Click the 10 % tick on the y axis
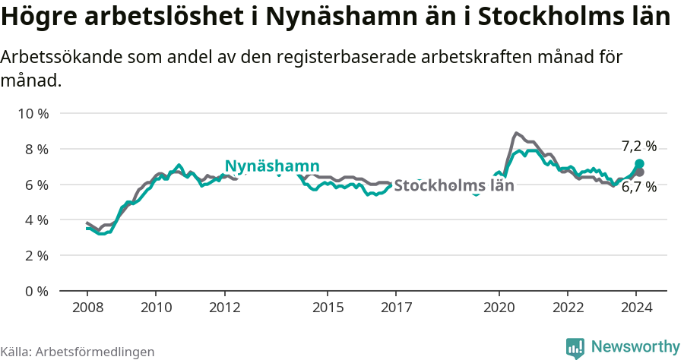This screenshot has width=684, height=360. click(33, 114)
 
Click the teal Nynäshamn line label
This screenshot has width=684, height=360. click(272, 166)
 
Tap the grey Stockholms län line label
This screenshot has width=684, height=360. click(454, 185)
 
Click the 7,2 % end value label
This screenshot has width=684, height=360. click(638, 147)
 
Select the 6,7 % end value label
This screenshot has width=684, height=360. click(638, 187)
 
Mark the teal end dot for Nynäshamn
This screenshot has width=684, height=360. click(640, 164)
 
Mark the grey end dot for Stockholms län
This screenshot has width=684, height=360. click(640, 172)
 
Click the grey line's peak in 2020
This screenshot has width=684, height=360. click(517, 133)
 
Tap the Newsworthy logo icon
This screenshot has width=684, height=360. click(575, 348)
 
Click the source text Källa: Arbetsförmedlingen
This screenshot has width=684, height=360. click(78, 352)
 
